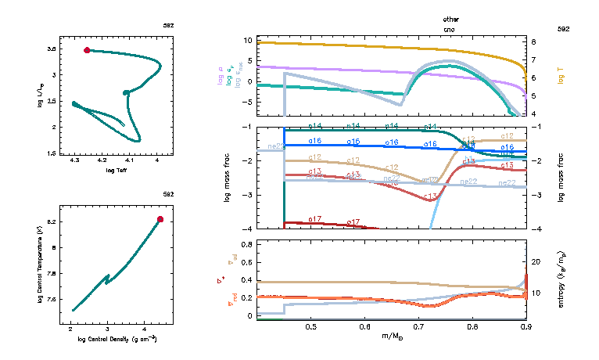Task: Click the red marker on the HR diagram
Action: (87, 50)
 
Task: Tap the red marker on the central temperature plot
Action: (160, 219)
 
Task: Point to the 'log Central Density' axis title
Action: (117, 339)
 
